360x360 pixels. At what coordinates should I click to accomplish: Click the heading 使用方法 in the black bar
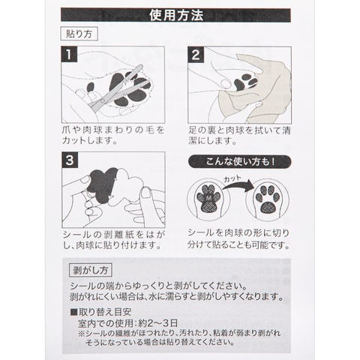point(176,15)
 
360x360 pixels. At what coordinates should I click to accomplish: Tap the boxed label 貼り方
point(79,34)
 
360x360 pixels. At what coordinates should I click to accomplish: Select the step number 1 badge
point(69,54)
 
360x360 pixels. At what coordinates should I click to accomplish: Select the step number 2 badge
point(196,55)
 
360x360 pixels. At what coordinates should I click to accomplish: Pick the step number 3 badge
point(70,160)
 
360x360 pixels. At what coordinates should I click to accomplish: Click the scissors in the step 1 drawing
point(116,88)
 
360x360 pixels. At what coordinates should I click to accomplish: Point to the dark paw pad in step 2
point(245,82)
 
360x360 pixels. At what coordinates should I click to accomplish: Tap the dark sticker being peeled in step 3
point(103,185)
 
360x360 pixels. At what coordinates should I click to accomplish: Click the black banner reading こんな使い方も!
point(239,162)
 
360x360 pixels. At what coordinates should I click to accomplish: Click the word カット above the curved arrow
point(232,178)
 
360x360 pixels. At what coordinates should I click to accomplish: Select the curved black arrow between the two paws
point(238,185)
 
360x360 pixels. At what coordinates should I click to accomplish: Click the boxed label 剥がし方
point(90,270)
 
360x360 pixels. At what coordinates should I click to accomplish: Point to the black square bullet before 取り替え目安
point(73,312)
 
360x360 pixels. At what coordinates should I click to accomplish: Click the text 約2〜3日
point(158,323)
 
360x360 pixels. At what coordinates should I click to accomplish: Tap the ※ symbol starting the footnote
point(82,334)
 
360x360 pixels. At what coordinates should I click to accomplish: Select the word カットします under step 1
point(89,140)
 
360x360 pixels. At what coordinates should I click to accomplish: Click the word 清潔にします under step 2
point(212,141)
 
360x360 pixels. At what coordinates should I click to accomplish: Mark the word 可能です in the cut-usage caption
point(268,244)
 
